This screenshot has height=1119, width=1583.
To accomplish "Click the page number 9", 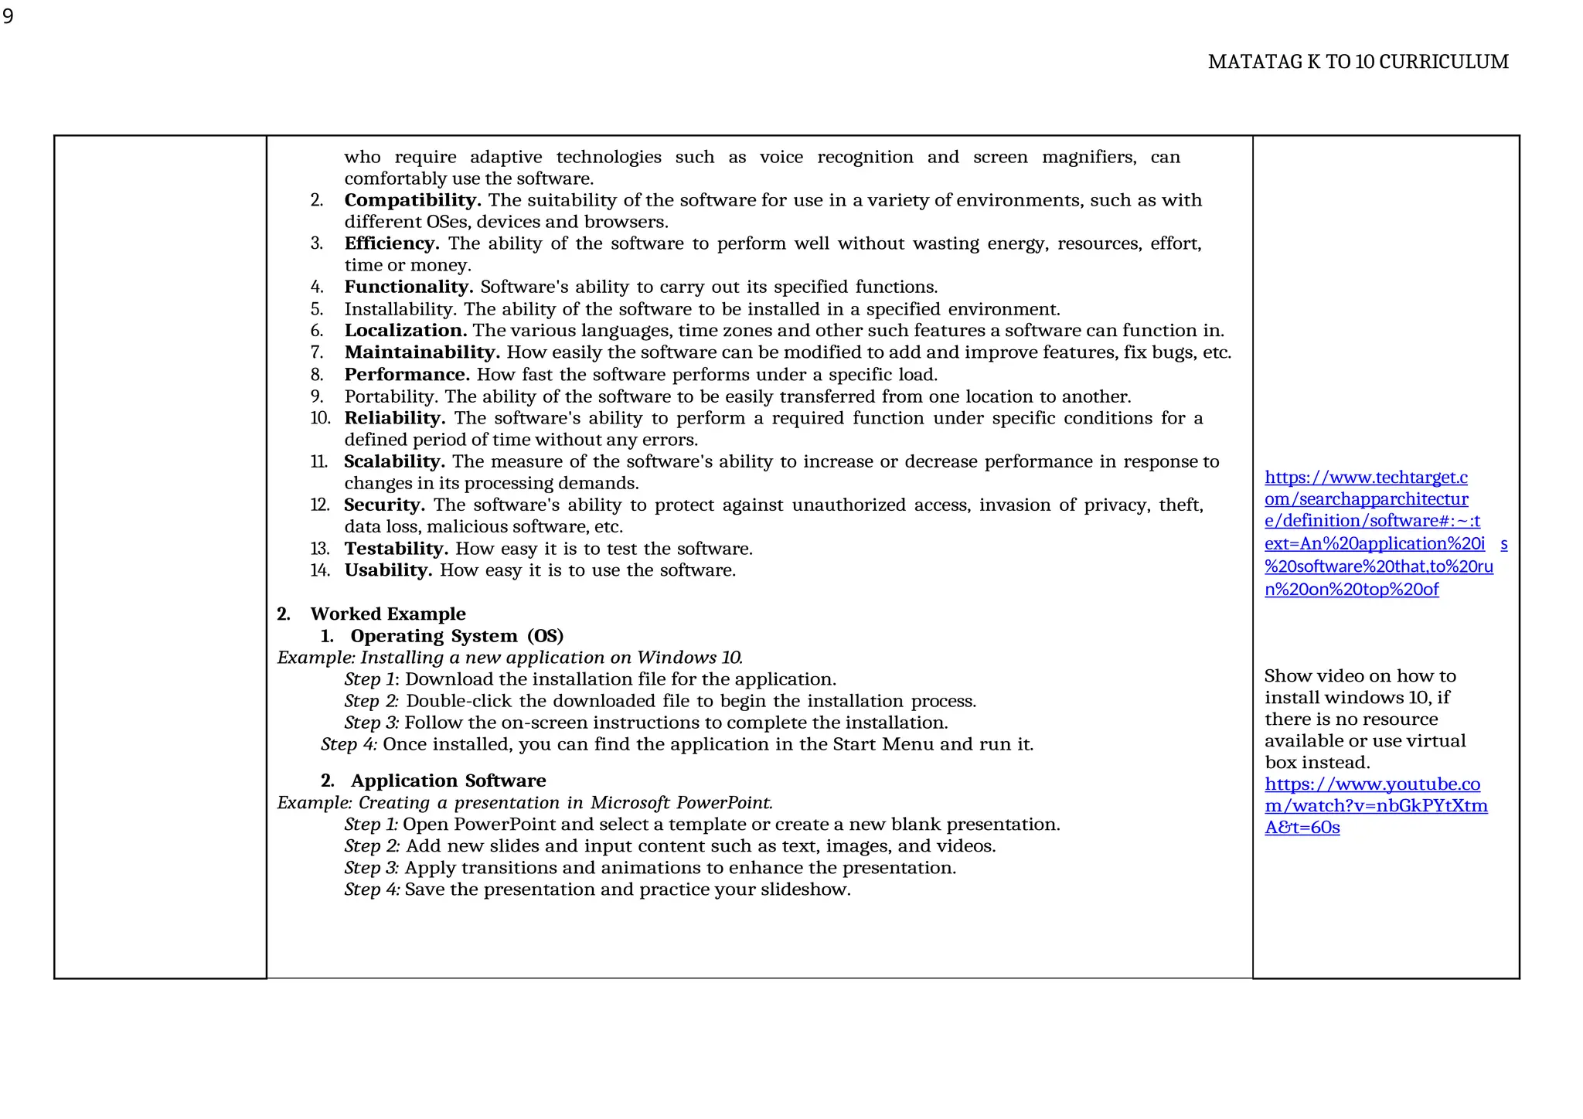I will coord(8,16).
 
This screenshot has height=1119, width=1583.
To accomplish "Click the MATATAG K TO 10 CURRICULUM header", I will coord(1357,62).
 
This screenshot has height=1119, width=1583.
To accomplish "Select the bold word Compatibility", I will coord(412,200).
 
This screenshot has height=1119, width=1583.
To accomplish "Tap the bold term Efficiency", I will coord(391,243).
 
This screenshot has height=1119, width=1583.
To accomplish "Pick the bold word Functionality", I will coord(408,287).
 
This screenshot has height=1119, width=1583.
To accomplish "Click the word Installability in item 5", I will coord(400,309).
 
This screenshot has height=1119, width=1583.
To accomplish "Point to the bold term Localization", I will coord(405,331).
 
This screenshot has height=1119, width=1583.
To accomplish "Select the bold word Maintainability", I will coord(422,352).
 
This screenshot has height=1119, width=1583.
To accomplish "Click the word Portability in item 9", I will coord(390,396).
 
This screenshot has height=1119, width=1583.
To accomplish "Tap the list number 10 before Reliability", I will coord(320,418).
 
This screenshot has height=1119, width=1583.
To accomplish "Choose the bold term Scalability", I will coord(393,461).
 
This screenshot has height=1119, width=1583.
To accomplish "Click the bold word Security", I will coord(384,505).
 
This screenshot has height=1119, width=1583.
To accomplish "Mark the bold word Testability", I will coord(396,549).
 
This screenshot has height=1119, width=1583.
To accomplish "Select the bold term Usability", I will coord(387,570).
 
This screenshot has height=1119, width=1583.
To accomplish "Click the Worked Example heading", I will coord(387,614).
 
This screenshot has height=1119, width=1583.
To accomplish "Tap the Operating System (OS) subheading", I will coord(456,636).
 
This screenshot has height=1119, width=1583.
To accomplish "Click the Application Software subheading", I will coord(448,781).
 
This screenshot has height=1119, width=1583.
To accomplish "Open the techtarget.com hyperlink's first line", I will coord(1365,478).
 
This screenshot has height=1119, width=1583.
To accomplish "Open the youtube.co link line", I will coord(1372,784).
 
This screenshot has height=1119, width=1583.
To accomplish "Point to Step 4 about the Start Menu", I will coord(349,744).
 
